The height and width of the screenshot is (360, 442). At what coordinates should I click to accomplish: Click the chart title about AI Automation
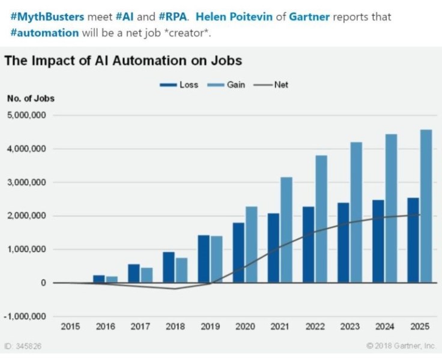tap(123, 61)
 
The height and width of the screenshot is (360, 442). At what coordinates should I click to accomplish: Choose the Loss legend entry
tap(179, 85)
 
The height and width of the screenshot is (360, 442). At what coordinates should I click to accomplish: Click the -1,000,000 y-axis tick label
tap(26, 316)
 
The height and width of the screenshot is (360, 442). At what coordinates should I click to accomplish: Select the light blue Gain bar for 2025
tap(425, 206)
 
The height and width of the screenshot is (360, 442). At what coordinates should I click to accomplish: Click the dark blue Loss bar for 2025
tap(413, 240)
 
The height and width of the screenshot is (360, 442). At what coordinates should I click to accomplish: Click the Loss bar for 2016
tap(99, 279)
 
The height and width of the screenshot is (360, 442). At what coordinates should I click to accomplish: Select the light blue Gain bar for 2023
tap(356, 212)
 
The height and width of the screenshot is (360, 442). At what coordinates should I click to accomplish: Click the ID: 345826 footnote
tap(23, 346)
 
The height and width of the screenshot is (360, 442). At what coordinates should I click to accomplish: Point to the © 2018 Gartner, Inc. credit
tap(401, 346)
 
